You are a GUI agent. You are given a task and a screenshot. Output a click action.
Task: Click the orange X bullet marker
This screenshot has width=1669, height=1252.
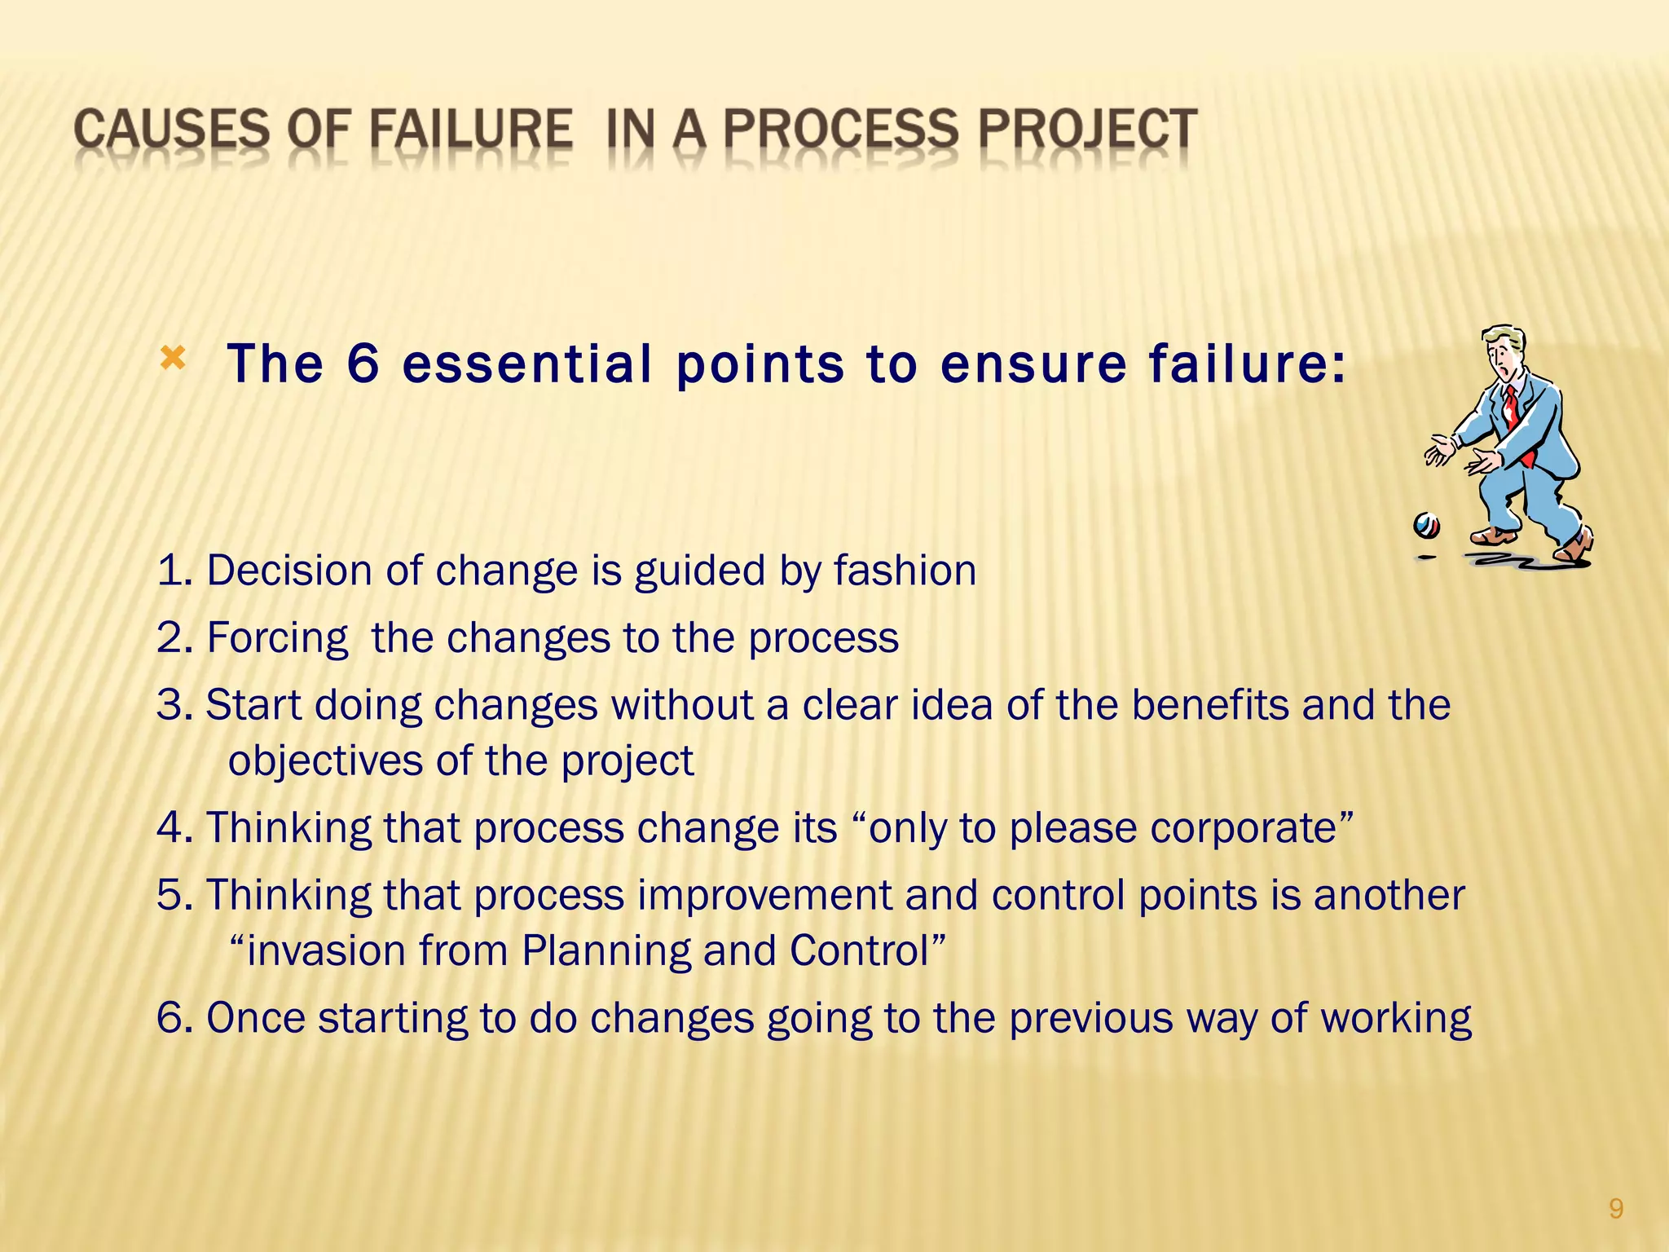point(173,358)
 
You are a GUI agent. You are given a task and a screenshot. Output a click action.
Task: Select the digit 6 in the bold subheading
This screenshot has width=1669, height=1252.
point(363,364)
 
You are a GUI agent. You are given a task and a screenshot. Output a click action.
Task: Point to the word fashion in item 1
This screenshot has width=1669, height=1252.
point(905,570)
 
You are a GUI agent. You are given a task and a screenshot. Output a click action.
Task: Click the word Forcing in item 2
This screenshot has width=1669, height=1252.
point(277,638)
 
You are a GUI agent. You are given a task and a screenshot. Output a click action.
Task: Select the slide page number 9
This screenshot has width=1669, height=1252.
point(1615,1209)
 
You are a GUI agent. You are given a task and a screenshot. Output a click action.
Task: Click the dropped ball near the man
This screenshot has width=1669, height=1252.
point(1426,525)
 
